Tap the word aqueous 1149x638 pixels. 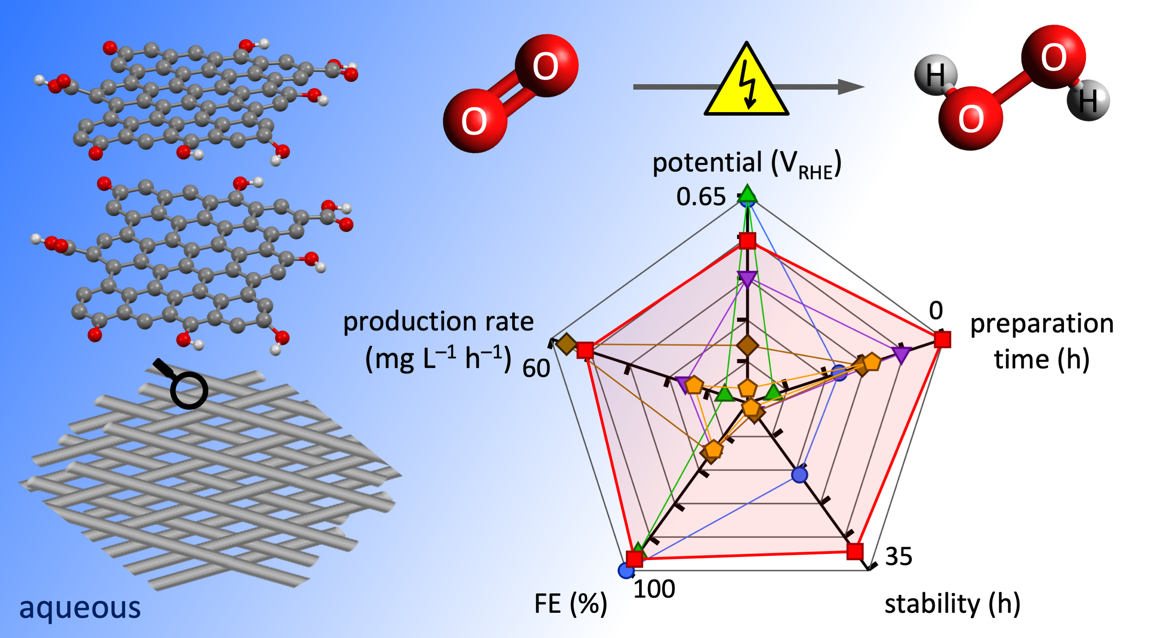80,607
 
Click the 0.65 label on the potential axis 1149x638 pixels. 701,197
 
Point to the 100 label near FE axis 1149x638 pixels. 654,589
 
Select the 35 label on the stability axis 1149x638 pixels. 898,556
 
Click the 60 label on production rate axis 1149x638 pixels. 536,368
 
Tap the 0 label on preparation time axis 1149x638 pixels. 936,310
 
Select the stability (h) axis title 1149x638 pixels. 952,604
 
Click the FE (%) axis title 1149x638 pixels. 570,604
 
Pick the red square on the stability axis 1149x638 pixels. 855,551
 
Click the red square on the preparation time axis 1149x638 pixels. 942,339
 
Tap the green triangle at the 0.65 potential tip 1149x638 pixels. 747,194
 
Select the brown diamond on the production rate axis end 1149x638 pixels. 567,344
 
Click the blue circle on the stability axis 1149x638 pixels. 799,475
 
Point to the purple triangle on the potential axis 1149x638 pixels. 747,279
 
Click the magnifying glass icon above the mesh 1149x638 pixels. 184,385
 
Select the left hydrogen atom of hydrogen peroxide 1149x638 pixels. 935,75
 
